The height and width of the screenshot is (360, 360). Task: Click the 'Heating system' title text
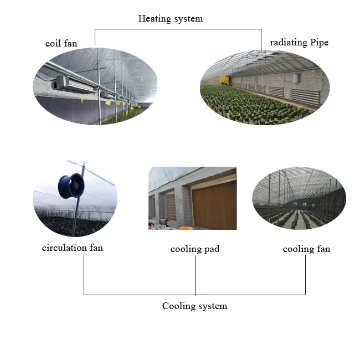coord(171,19)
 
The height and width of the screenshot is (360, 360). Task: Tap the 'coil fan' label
coord(61,43)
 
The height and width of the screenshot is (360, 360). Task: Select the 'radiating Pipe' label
coord(299,43)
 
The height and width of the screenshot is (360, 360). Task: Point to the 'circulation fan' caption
coord(73,248)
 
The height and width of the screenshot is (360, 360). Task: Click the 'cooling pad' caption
coord(195,249)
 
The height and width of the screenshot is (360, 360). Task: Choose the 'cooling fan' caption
coord(306,249)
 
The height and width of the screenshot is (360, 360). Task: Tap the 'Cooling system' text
coord(194,306)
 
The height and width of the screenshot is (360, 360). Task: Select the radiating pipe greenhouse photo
coord(265,87)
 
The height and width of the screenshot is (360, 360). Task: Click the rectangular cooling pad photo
coord(192,198)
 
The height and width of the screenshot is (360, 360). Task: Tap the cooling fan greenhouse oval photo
coord(299,198)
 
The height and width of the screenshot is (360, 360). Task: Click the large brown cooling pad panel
coord(213,205)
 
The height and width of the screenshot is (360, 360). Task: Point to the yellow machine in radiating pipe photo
coord(225,80)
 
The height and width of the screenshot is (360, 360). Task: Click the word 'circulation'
coord(64,248)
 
